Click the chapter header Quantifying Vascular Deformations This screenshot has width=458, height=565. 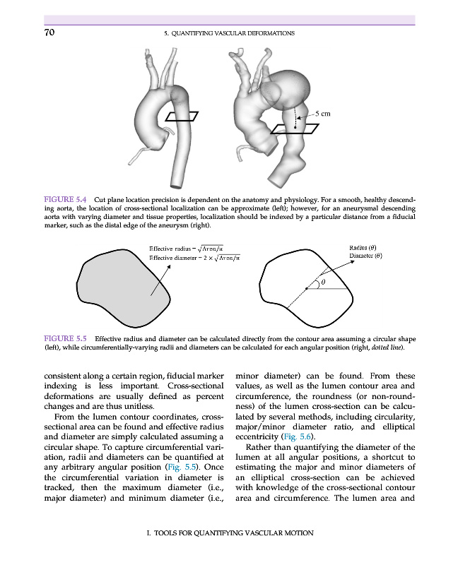228,33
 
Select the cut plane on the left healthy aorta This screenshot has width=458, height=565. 181,117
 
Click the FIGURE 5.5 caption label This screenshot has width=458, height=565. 66,338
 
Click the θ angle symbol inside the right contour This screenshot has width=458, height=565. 323,282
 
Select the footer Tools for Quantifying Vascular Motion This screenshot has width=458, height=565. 228,533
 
